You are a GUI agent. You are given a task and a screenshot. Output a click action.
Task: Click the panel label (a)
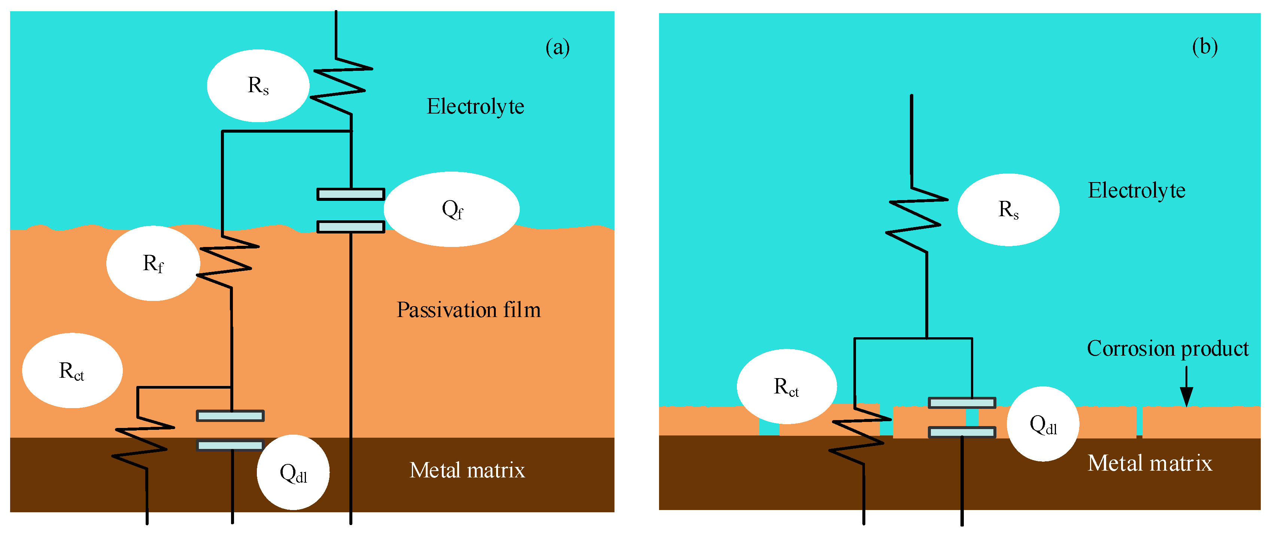[558, 48]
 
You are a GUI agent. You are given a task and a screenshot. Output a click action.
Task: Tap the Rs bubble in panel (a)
[258, 85]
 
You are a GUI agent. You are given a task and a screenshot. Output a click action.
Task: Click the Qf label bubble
[451, 209]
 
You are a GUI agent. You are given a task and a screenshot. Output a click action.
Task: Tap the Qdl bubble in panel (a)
[293, 472]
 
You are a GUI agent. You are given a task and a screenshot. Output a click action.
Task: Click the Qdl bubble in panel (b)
[1042, 423]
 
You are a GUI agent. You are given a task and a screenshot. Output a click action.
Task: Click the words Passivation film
[468, 310]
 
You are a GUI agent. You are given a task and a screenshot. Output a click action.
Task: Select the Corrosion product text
[1167, 348]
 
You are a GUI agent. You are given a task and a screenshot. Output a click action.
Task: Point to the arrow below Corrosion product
[1186, 388]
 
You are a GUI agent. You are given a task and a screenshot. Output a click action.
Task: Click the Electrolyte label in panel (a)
[475, 106]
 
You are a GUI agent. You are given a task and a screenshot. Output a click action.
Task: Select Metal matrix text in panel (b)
[1150, 463]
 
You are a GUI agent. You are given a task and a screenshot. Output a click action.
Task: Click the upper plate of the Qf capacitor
[350, 194]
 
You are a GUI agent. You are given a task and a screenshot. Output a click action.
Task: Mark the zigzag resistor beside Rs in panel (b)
[916, 220]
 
